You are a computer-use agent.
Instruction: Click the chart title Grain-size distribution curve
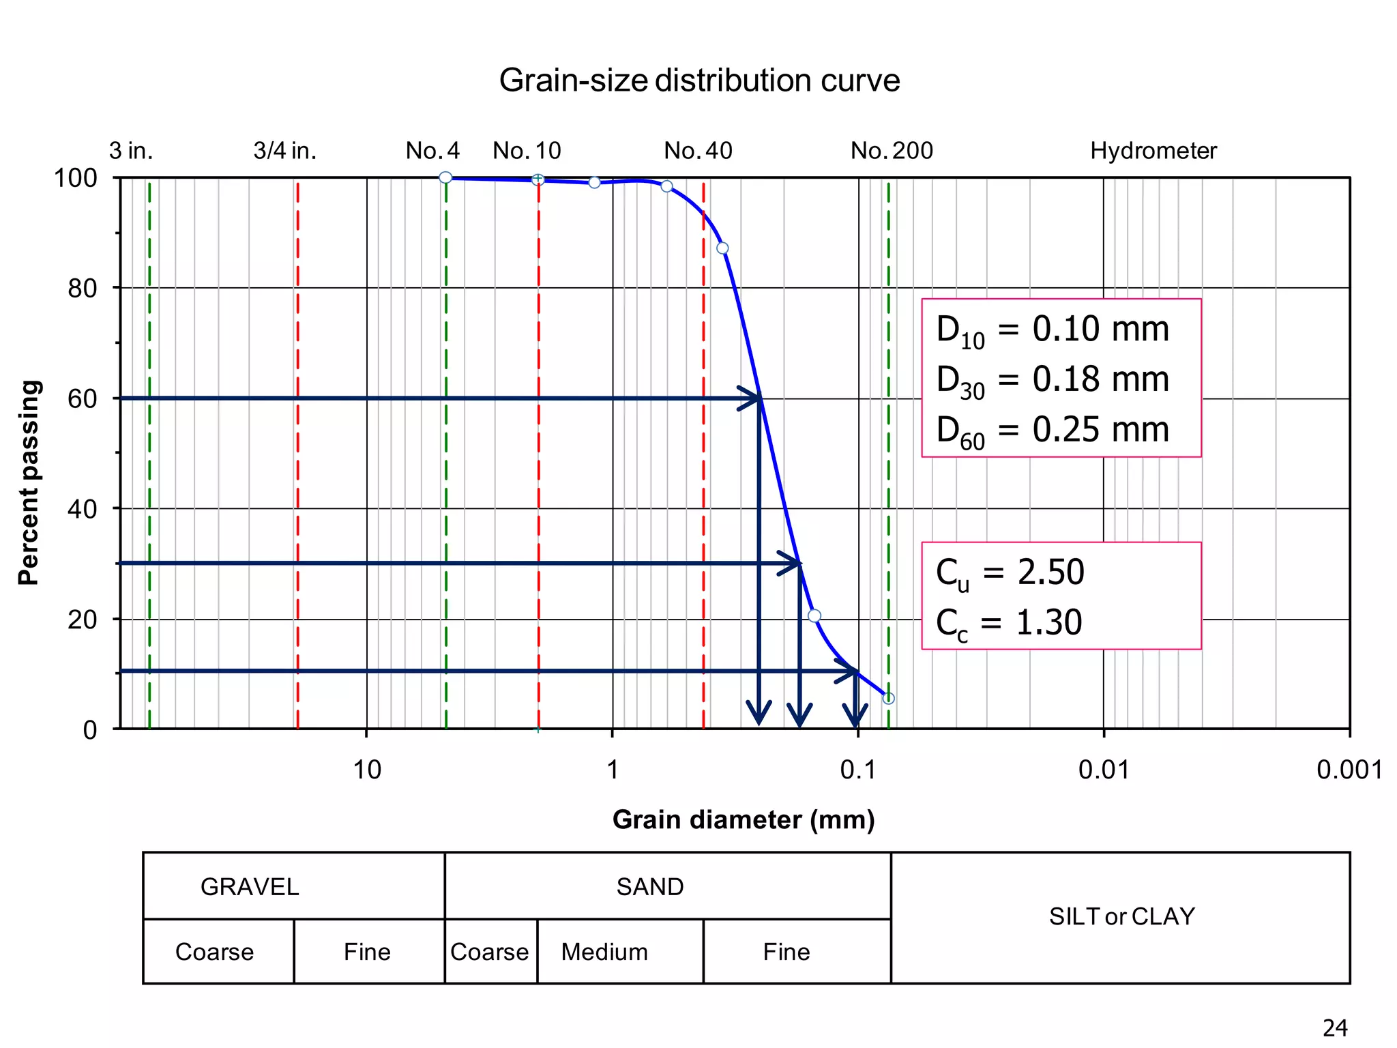699,81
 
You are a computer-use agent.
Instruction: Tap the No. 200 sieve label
891,151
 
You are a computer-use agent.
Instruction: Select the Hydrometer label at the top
1153,151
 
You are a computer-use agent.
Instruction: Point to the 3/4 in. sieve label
285,151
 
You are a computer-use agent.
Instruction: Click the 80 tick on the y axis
83,289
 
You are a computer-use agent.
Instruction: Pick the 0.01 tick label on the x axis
1103,770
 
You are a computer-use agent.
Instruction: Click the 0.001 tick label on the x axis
1349,770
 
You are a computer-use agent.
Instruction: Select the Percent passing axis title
29,482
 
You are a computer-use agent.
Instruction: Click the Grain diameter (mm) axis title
743,819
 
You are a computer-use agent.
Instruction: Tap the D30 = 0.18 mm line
1053,380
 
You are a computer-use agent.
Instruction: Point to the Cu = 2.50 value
1010,572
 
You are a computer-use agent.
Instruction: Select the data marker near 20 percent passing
814,615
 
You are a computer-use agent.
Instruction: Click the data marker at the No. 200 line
888,698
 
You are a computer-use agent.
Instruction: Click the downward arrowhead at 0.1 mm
855,716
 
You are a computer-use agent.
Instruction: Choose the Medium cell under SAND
604,952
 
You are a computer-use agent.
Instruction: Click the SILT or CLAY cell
1121,916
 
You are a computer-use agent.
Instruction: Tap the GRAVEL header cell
250,886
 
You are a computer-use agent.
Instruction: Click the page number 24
1335,1028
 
